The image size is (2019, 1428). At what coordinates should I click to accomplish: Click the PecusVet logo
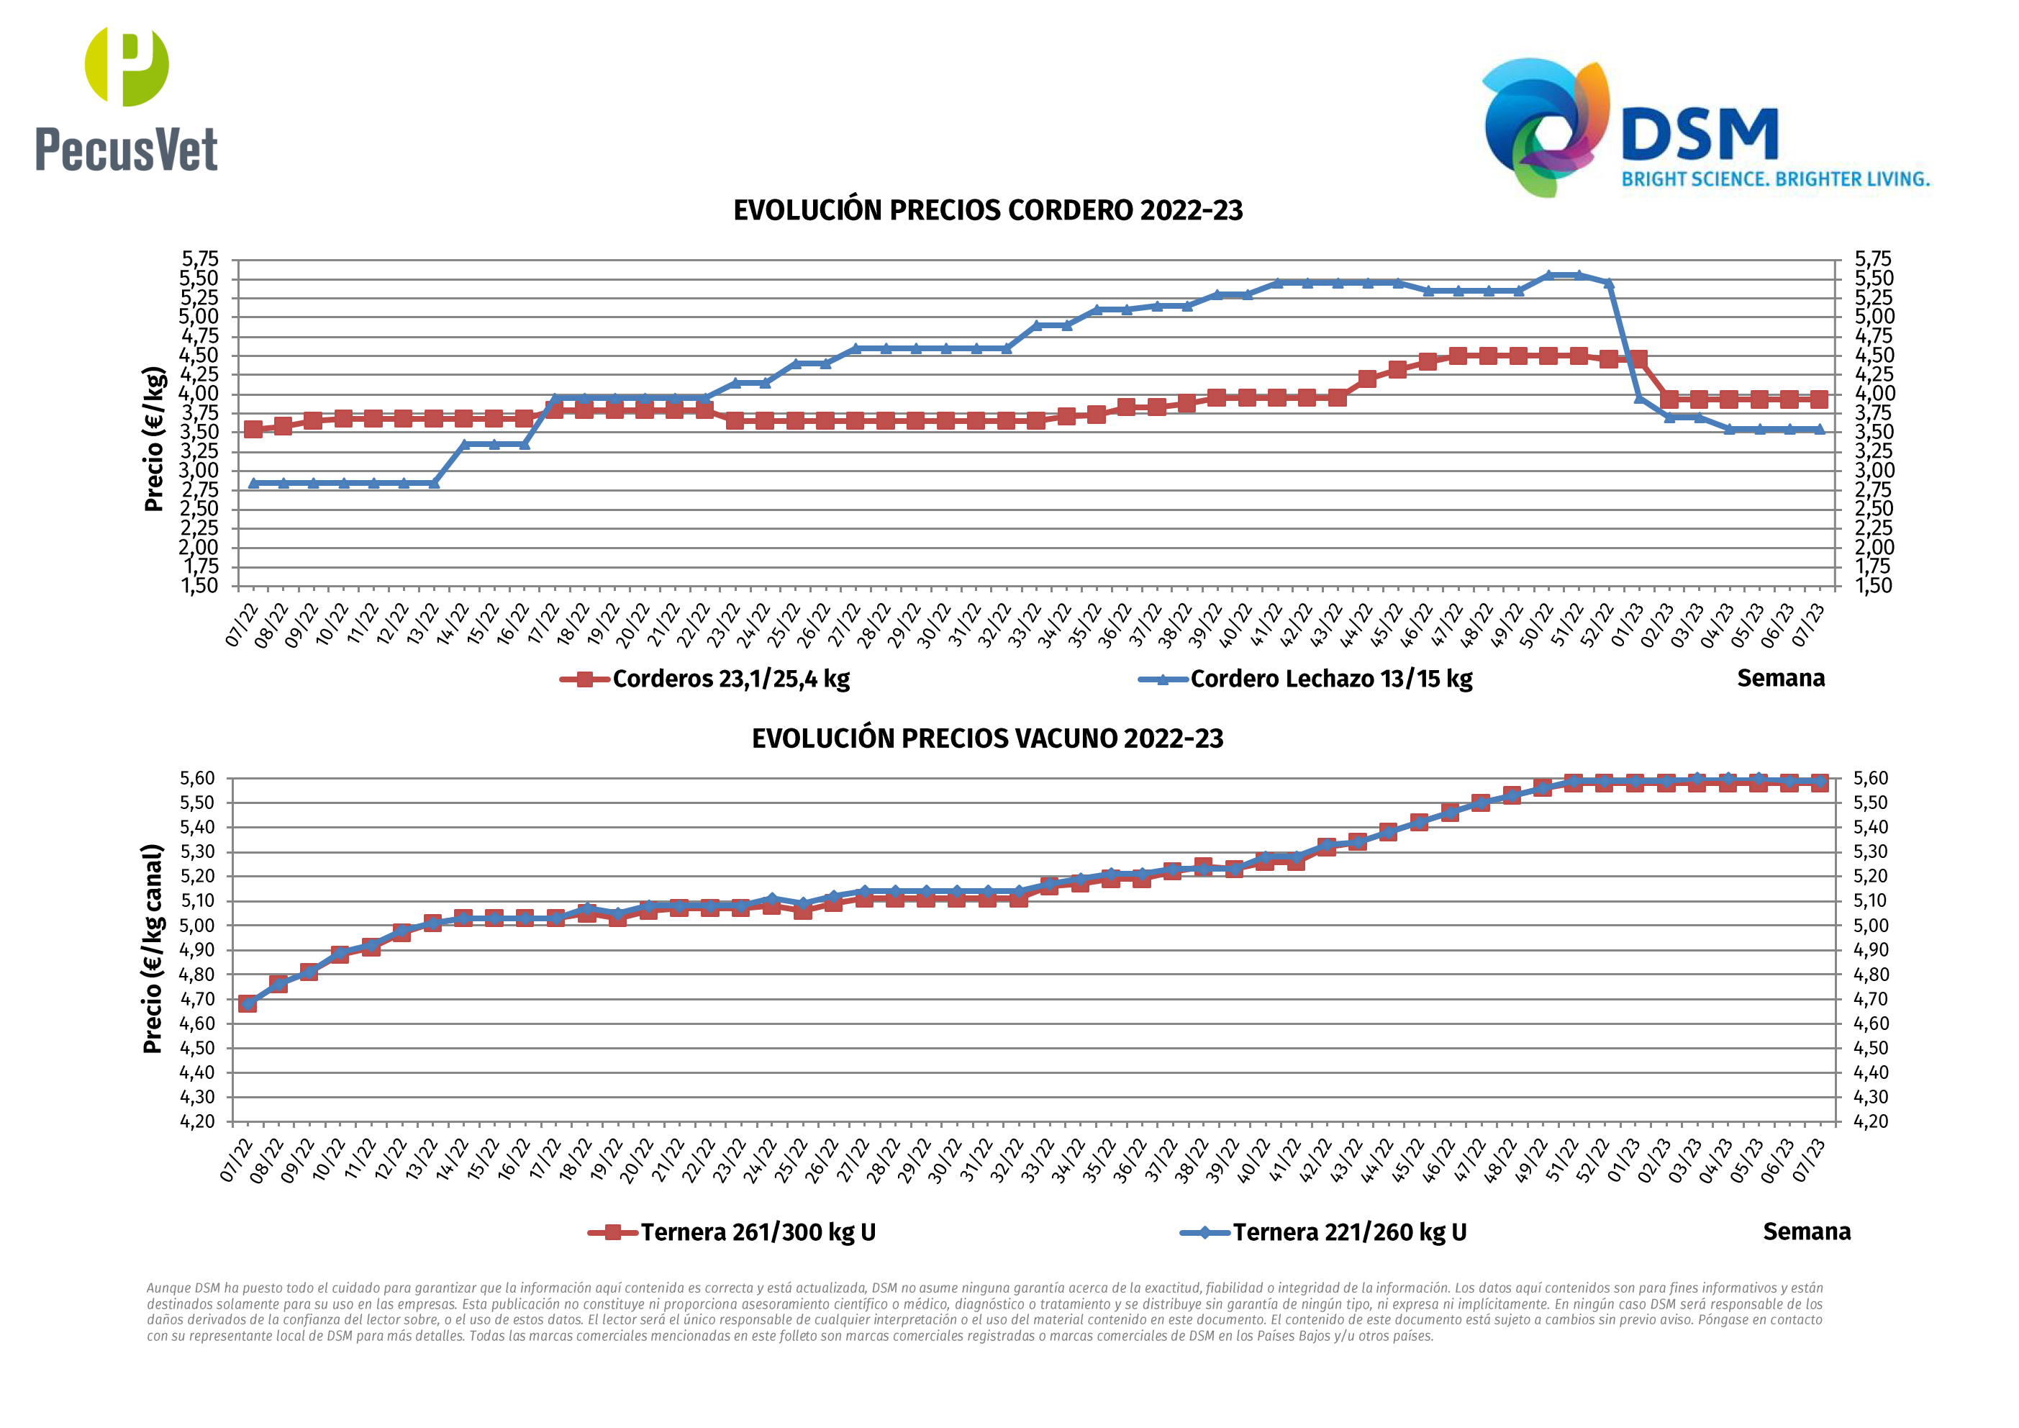(x=126, y=99)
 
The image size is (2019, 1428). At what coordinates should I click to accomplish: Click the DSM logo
(x=1704, y=127)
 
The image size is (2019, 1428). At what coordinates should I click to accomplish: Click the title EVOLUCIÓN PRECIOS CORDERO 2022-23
(x=987, y=210)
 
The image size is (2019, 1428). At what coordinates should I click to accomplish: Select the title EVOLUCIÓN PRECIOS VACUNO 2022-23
(x=986, y=738)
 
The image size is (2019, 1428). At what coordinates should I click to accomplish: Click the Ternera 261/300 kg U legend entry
(x=757, y=1232)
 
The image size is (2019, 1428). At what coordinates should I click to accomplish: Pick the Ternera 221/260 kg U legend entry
(x=1349, y=1232)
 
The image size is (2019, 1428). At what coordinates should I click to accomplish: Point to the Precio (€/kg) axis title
(x=154, y=438)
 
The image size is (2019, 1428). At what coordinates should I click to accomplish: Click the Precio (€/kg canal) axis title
(x=153, y=948)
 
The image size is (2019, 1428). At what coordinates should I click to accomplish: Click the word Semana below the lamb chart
(x=1781, y=678)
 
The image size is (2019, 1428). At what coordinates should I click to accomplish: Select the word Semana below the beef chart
(x=1806, y=1231)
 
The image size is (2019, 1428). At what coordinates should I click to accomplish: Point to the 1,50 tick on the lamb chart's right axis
(x=1873, y=586)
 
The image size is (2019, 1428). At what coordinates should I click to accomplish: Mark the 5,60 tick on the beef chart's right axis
(x=1870, y=779)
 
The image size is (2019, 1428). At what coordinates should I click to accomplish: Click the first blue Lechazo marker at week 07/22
(x=253, y=483)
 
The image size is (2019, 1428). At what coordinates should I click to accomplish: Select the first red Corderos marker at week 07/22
(x=253, y=430)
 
